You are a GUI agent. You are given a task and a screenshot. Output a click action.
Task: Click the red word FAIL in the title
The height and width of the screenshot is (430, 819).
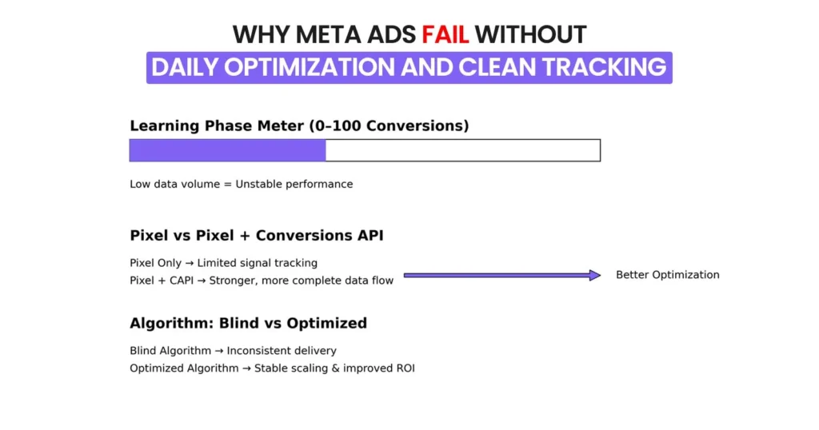tap(446, 34)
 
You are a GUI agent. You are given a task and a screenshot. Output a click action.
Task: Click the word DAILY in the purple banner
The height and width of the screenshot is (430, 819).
tap(185, 67)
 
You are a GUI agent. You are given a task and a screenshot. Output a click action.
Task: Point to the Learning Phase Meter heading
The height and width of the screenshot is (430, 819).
tap(299, 125)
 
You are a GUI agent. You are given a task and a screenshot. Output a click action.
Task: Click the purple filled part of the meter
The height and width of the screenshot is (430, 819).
tap(227, 150)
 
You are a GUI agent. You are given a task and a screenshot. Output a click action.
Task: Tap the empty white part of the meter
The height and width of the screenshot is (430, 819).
tap(462, 150)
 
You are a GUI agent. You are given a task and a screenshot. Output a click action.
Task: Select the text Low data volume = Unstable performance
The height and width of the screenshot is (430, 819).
tap(241, 184)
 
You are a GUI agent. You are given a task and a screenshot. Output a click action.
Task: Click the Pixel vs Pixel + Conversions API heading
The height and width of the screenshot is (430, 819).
tap(256, 236)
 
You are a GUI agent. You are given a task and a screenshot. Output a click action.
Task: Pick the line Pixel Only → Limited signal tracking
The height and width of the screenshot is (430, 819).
tap(223, 262)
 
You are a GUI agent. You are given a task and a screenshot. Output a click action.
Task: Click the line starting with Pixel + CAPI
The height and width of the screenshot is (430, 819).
tap(262, 281)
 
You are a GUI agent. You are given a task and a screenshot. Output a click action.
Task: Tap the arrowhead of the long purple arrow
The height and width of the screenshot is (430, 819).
tap(594, 275)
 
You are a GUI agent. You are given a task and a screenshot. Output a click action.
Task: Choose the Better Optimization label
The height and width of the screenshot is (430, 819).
tap(667, 275)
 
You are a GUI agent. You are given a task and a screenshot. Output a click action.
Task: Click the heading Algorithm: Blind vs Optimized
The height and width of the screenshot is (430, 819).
tap(248, 323)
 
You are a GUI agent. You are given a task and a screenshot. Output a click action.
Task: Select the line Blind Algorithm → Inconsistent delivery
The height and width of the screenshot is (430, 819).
tap(233, 350)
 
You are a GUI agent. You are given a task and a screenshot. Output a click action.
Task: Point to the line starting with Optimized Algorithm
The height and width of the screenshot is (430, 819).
tap(272, 368)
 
